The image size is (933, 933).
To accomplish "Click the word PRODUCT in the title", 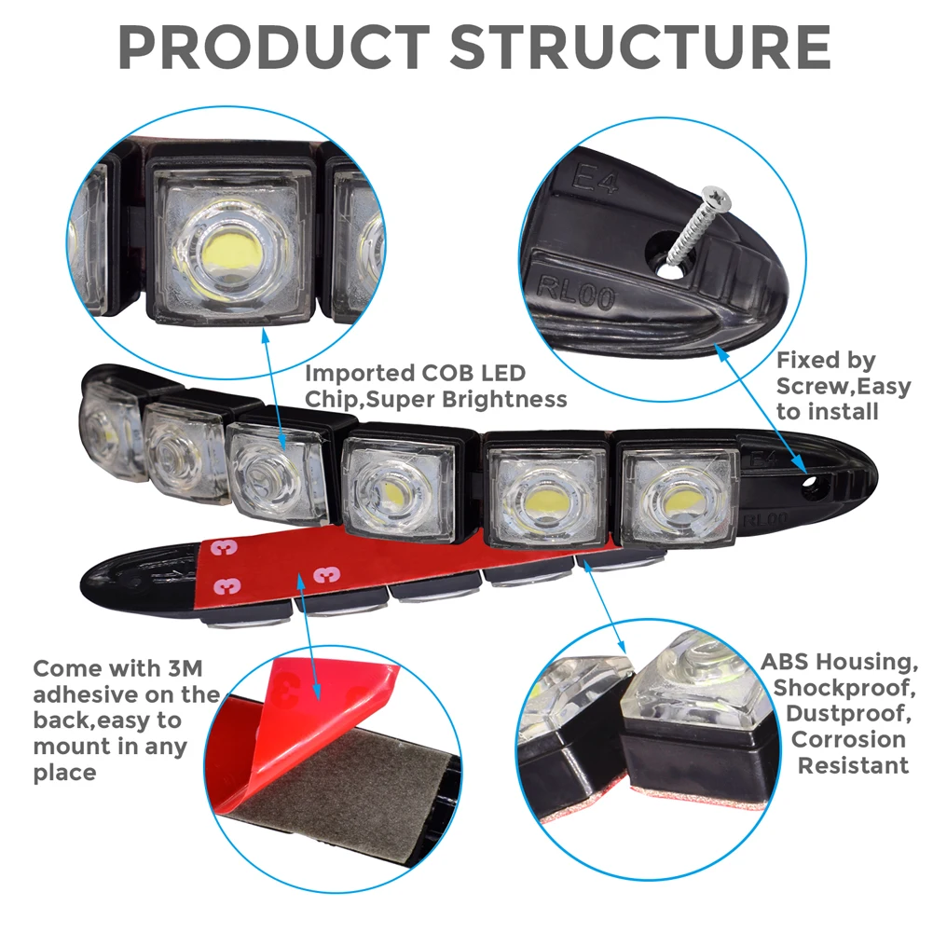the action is point(274,47).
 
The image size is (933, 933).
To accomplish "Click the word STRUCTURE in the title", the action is point(639,47).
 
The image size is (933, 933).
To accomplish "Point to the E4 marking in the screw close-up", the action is point(594,179).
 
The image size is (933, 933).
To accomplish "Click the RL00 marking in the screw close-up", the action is point(575,293).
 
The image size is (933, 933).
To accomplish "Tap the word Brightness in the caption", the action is point(504,399).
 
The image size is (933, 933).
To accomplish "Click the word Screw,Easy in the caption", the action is point(844,387).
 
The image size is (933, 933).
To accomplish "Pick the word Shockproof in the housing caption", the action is point(844,687).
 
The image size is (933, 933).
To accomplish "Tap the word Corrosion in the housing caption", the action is point(848,739).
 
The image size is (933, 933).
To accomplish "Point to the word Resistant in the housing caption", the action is point(853,765).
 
